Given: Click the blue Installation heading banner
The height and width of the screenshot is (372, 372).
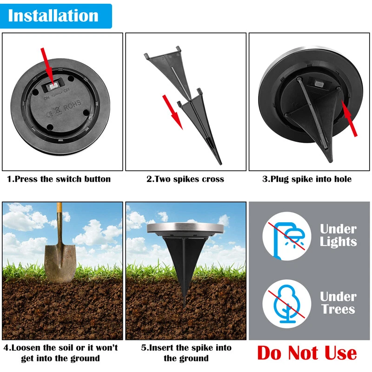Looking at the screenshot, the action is click(x=56, y=16).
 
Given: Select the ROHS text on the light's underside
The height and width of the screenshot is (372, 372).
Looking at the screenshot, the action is click(x=72, y=106).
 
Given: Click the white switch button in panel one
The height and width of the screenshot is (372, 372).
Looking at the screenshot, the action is click(x=54, y=86).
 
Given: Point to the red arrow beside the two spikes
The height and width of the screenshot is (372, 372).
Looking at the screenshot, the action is click(x=173, y=112).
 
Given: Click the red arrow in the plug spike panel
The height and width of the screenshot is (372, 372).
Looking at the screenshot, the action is click(x=349, y=119).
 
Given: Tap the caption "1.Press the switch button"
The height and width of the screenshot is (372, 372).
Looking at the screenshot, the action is click(x=59, y=179).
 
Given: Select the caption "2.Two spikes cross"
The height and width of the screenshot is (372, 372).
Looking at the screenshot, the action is click(x=185, y=179).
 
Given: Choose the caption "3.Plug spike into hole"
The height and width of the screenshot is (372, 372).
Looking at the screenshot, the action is click(x=307, y=179).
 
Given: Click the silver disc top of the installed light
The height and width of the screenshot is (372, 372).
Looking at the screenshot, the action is click(x=185, y=228).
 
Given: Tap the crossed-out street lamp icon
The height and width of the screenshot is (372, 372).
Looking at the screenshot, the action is click(x=287, y=236).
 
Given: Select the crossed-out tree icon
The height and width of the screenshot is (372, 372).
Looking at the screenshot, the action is click(x=287, y=304).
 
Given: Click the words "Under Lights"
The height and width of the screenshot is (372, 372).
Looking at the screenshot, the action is click(x=339, y=236).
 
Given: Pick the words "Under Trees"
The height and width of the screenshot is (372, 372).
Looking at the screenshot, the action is click(x=339, y=303).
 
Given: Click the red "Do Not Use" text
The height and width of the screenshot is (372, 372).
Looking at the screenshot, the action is click(x=307, y=353).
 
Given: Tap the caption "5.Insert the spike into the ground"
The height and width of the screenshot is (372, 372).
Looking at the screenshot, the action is click(x=186, y=353).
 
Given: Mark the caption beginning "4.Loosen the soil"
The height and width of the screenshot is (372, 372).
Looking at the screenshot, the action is click(x=61, y=353).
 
